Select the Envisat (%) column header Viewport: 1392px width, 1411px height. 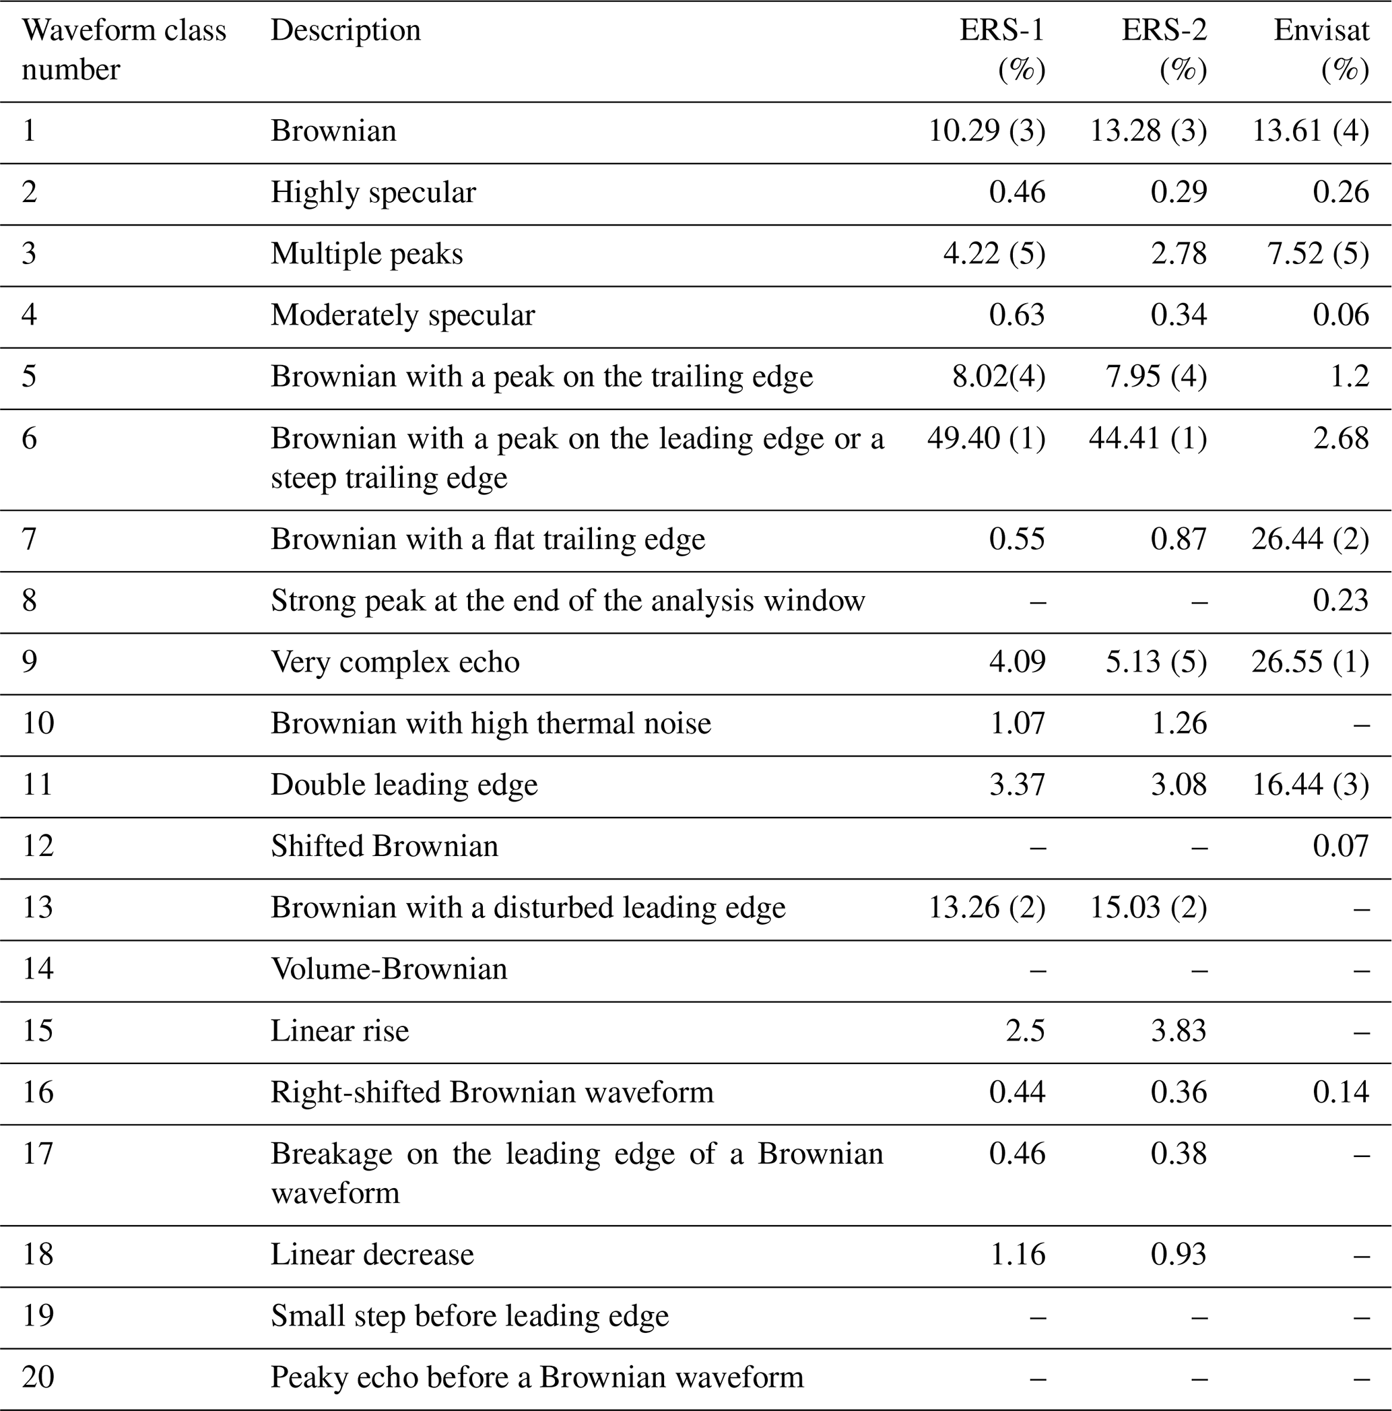tap(1321, 50)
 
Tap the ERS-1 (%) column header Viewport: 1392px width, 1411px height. tap(1002, 50)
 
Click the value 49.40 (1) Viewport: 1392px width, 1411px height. tap(986, 438)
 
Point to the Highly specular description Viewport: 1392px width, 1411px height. tap(373, 192)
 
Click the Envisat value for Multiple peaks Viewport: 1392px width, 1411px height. tap(1317, 253)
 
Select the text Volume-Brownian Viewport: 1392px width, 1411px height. tap(389, 969)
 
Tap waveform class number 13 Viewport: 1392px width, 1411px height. tap(37, 907)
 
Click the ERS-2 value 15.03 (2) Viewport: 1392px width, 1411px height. tap(1148, 907)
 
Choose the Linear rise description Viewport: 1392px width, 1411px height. tap(339, 1030)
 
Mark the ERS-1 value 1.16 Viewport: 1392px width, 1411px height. tap(1018, 1254)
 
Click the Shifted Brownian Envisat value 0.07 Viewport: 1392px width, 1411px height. tap(1340, 846)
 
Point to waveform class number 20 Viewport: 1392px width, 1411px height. tap(37, 1377)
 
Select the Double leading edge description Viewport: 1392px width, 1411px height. tap(404, 785)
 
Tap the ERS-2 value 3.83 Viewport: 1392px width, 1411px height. tap(1179, 1030)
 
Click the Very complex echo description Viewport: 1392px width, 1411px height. tap(395, 661)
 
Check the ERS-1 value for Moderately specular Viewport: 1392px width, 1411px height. tap(1018, 315)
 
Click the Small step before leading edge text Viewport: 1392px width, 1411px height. tap(469, 1315)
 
